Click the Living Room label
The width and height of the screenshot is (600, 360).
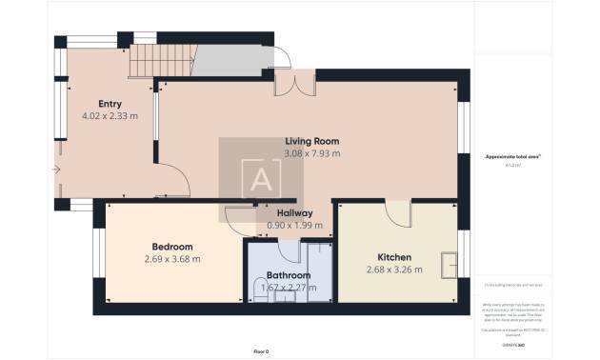click(x=312, y=142)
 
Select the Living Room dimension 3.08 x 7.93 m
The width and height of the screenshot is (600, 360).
click(x=312, y=153)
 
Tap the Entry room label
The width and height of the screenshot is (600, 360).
click(x=110, y=104)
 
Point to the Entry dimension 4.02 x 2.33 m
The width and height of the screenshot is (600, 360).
click(x=110, y=116)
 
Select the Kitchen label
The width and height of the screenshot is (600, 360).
click(x=394, y=258)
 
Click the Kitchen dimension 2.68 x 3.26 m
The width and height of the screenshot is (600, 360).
click(x=394, y=270)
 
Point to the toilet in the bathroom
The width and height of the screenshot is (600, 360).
click(x=259, y=286)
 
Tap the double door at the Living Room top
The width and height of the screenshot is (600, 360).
click(x=294, y=84)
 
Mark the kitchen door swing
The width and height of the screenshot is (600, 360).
click(x=398, y=214)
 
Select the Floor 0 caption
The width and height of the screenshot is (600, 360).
click(x=261, y=351)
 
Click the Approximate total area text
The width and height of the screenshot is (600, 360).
click(x=513, y=156)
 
